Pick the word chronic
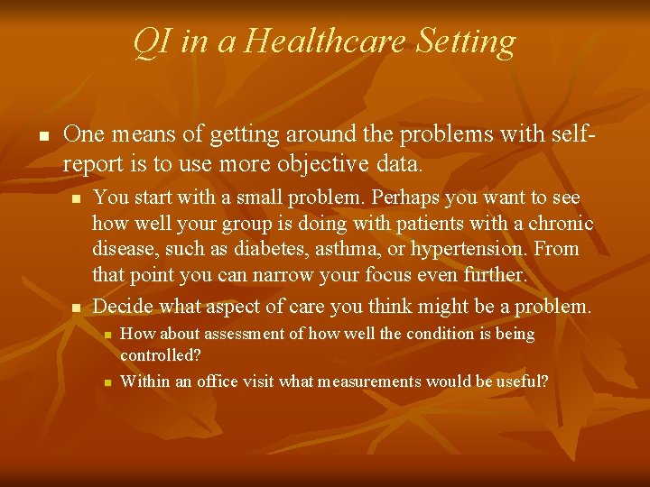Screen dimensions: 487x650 (561, 223)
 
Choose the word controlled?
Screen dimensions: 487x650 (160, 355)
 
